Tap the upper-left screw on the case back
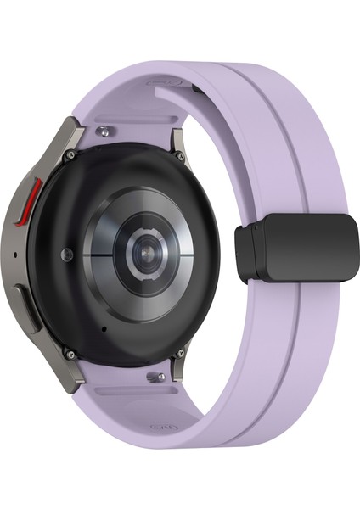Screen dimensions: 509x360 coord(70,155)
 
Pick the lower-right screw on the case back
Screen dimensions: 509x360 coord(181,353)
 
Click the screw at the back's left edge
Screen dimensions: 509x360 coord(66,254)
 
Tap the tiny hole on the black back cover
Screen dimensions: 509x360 coord(104,327)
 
